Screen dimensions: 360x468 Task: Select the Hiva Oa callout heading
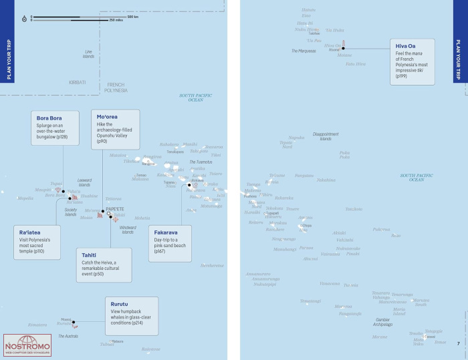(x=406, y=45)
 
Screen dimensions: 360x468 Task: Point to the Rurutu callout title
(x=120, y=304)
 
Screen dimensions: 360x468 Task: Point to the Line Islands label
(x=88, y=54)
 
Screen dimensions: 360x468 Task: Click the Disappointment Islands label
(x=326, y=136)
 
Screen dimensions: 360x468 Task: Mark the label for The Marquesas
(x=304, y=51)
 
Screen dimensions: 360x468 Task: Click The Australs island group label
(x=68, y=336)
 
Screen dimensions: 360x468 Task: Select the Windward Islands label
(x=128, y=230)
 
